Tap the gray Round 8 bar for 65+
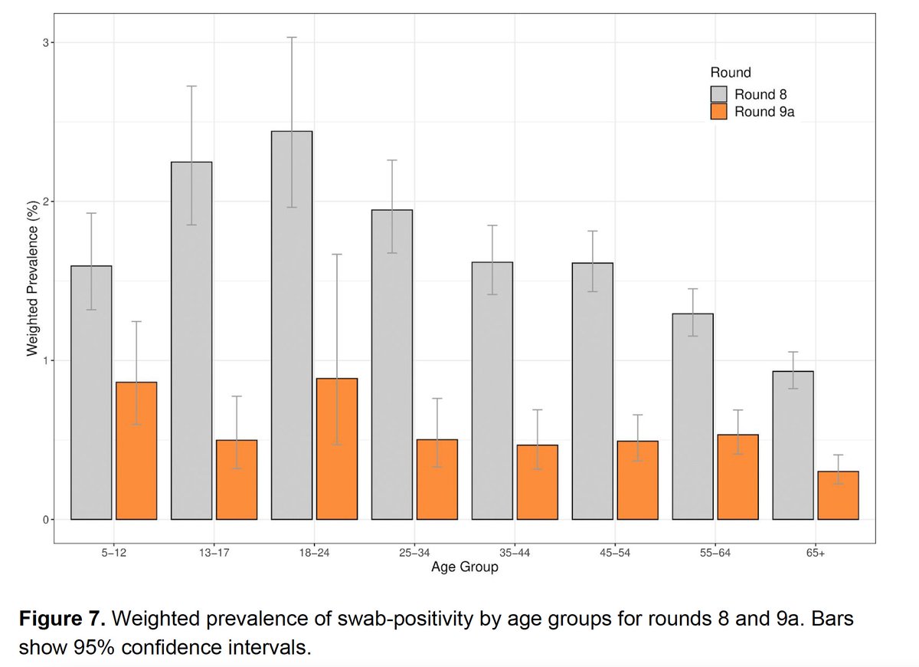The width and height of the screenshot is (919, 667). coord(793,445)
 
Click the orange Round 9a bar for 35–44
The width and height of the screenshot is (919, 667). coord(537,482)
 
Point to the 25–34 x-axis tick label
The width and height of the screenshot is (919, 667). coord(414,553)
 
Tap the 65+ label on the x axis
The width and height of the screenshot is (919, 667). coord(815,553)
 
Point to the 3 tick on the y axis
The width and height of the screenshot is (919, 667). coord(45,43)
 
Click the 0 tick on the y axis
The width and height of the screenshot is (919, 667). coord(45,520)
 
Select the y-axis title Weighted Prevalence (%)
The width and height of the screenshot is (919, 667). coord(32,282)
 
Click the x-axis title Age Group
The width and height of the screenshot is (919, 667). coord(464,567)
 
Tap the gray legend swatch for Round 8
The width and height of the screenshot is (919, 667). coord(718,94)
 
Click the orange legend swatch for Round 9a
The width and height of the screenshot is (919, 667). coord(718,112)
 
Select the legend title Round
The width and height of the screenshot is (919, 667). coord(730,73)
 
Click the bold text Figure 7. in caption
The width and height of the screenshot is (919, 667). coord(66,618)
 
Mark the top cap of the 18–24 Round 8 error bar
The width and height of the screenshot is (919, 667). coord(291,37)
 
